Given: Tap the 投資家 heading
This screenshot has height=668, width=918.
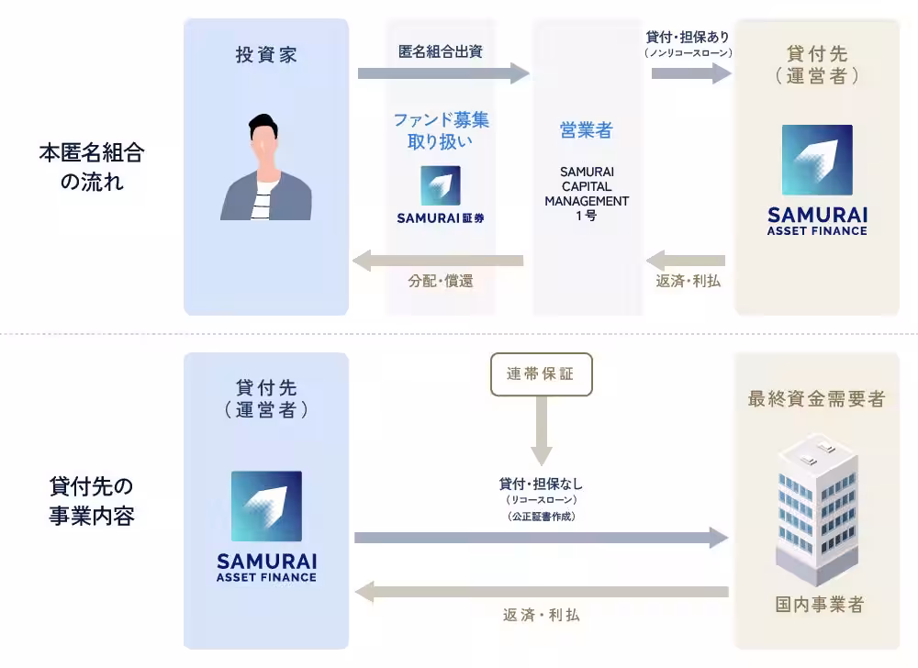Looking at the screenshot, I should coord(266,54).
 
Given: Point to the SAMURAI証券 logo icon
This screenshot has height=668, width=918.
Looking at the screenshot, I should coord(441,185).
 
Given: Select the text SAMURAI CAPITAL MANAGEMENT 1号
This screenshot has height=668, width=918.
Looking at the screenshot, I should coord(587,194).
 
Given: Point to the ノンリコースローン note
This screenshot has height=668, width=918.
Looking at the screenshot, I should coord(688,53).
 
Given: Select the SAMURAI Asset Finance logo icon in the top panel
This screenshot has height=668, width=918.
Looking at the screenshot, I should coord(817,161).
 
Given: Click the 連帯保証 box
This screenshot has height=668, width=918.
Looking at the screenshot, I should coord(542,373).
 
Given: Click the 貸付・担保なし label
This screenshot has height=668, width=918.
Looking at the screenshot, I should coord(542,484).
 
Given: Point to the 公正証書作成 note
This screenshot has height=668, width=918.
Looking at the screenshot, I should coord(542,517).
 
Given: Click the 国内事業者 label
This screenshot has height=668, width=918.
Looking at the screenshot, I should coord(818,605).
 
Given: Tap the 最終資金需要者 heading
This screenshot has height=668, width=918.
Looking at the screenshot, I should coord(817,399).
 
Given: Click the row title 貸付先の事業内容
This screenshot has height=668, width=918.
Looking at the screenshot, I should coord(92,500).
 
